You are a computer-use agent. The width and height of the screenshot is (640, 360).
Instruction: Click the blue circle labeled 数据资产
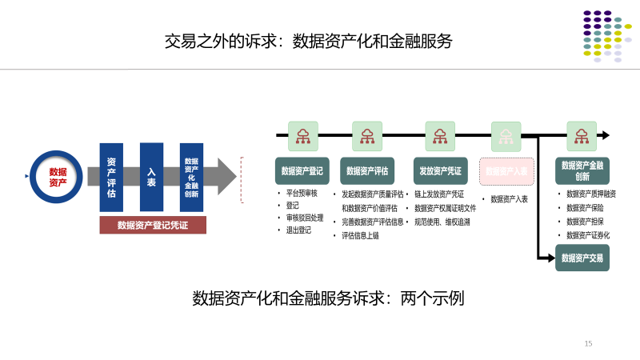[57, 177]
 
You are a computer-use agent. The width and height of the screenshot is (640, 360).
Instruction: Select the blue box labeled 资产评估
[111, 177]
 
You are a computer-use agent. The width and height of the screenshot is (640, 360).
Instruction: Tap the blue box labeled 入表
[151, 177]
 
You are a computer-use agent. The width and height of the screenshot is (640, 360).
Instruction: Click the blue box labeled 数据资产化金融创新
[191, 177]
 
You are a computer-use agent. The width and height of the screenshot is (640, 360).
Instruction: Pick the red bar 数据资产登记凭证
[153, 225]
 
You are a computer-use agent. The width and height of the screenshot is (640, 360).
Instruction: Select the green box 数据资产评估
[368, 171]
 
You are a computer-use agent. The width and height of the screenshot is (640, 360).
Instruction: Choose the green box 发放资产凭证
[440, 171]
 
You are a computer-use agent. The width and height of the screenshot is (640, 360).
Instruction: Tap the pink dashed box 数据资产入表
[506, 171]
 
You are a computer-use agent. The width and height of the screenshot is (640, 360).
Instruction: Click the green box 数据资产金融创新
[582, 171]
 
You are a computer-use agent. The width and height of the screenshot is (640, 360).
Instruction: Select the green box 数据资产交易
[582, 258]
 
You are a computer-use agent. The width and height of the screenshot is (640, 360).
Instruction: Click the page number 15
[588, 343]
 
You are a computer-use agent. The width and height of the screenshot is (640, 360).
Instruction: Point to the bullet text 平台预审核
[302, 194]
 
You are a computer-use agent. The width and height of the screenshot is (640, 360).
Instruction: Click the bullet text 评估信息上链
[360, 235]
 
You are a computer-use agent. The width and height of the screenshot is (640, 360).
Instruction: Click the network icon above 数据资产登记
[303, 136]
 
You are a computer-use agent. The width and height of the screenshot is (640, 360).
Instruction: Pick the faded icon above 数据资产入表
[506, 136]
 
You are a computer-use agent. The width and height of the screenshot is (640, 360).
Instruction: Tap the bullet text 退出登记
[299, 230]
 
